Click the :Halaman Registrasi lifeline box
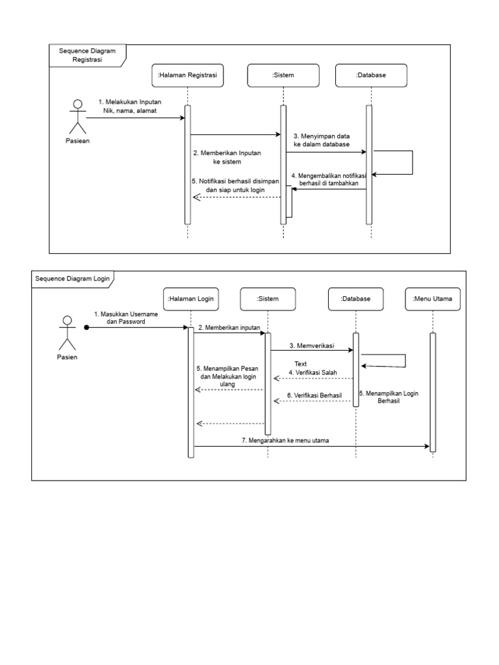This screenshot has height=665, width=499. click(x=188, y=75)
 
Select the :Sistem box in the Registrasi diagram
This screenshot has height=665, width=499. click(x=283, y=75)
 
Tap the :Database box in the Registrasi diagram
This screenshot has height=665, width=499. click(x=371, y=75)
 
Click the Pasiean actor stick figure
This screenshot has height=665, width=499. click(x=77, y=116)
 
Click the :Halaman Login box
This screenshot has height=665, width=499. click(x=190, y=299)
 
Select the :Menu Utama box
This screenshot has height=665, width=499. click(x=433, y=299)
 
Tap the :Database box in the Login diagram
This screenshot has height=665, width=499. click(x=355, y=299)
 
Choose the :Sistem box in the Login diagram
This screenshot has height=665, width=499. click(x=267, y=299)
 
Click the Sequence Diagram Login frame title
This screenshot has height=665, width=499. click(x=71, y=279)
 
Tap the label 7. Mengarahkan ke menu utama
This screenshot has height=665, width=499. click(x=285, y=441)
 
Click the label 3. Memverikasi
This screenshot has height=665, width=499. click(x=311, y=345)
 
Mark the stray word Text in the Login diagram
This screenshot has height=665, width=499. click(x=300, y=364)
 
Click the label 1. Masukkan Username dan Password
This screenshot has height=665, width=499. click(x=126, y=318)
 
